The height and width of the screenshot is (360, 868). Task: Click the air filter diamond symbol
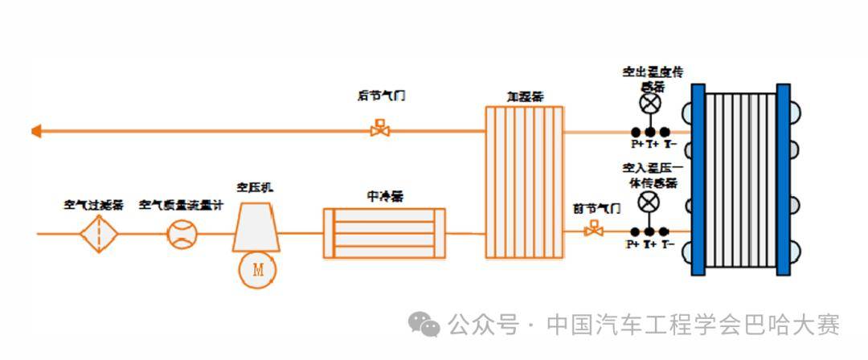click(x=99, y=234)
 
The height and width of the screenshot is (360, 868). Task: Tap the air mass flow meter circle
click(x=180, y=234)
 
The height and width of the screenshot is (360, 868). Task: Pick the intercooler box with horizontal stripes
click(x=384, y=233)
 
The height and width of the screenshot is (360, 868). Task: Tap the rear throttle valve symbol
click(x=379, y=129)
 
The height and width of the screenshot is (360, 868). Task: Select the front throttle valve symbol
click(x=594, y=231)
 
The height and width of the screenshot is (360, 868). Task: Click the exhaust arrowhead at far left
click(x=35, y=131)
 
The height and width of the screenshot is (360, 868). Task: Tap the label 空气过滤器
click(x=93, y=206)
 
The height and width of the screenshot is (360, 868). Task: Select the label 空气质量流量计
click(x=181, y=206)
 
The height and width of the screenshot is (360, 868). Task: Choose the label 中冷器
click(x=385, y=195)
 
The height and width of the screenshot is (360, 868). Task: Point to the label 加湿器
click(x=524, y=96)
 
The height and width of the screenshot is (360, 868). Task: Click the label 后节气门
click(x=381, y=96)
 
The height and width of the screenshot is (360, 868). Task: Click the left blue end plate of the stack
click(x=698, y=180)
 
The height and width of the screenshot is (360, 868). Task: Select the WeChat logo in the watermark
click(x=424, y=325)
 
